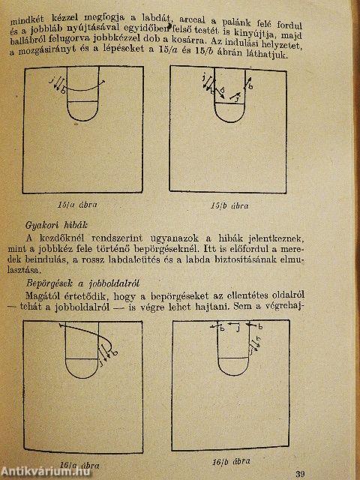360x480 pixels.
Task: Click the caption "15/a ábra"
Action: (x=82, y=203)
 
